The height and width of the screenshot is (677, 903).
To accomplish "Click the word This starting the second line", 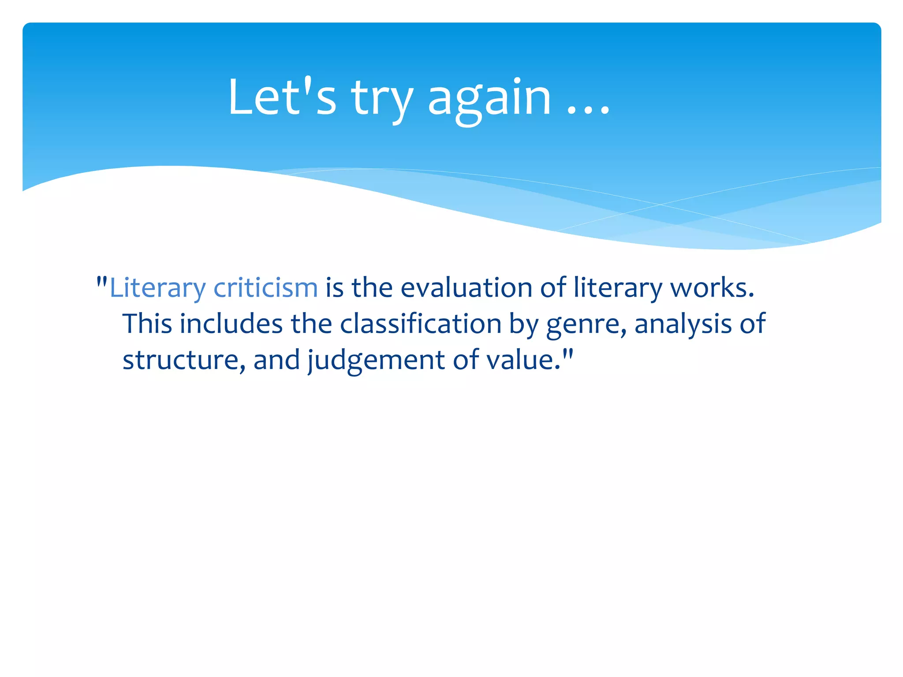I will click(x=147, y=324).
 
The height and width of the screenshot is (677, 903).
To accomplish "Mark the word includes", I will click(x=231, y=324).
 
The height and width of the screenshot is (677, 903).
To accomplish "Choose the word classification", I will click(x=421, y=324).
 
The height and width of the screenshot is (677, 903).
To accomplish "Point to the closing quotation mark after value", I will click(x=568, y=353).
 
